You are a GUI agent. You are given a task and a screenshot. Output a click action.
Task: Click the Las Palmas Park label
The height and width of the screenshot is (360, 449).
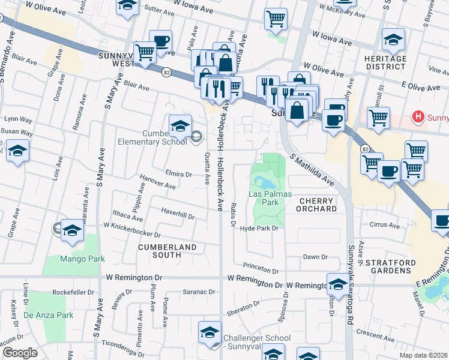point(270,198)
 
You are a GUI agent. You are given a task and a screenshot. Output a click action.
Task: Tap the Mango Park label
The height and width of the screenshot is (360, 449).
point(82,259)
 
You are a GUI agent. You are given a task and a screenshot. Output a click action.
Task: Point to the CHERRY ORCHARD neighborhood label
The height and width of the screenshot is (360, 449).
point(317,205)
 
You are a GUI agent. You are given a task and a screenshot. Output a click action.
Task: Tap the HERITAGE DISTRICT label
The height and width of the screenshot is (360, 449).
point(385,62)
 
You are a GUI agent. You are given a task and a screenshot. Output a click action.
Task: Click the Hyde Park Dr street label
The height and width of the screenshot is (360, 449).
point(260,229)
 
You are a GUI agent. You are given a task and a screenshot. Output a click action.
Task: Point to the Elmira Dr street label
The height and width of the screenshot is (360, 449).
point(179,175)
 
